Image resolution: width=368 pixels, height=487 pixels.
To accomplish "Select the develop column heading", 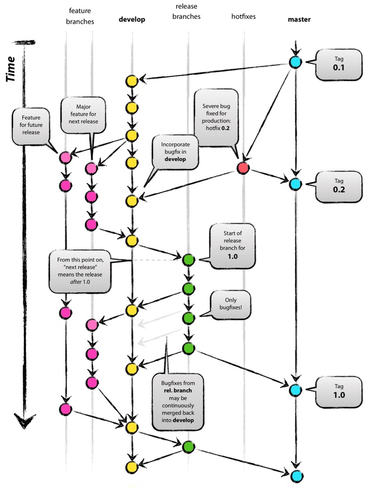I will coord(132,20).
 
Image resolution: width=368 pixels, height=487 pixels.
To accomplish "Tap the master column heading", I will coord(299,20).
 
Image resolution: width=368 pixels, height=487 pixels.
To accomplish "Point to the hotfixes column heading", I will coord(243,17).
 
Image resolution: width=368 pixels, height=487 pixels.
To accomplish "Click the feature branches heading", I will coord(80,17).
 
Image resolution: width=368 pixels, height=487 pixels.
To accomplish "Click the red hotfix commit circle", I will coord(243,168).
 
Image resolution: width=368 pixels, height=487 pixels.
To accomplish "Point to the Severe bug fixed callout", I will coord(216,117).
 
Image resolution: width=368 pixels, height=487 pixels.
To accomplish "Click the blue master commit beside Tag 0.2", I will coord(295,184).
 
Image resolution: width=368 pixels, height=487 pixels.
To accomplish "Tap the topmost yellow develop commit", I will coord(132,81).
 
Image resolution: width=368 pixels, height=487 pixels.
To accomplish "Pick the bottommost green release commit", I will coord(188,447).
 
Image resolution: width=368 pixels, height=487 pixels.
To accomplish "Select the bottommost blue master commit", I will coord(296,475).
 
